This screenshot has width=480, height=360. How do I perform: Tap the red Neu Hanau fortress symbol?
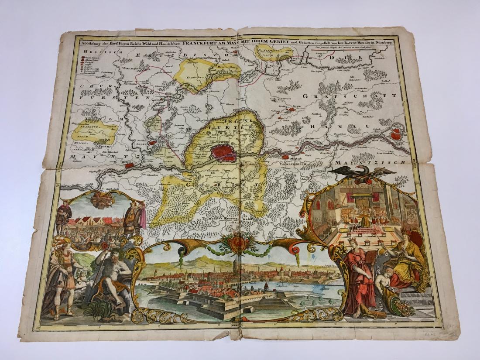click(397, 134)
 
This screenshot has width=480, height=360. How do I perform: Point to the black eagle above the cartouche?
click(364, 173)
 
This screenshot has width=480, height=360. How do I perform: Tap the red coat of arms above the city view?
click(238, 243)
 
